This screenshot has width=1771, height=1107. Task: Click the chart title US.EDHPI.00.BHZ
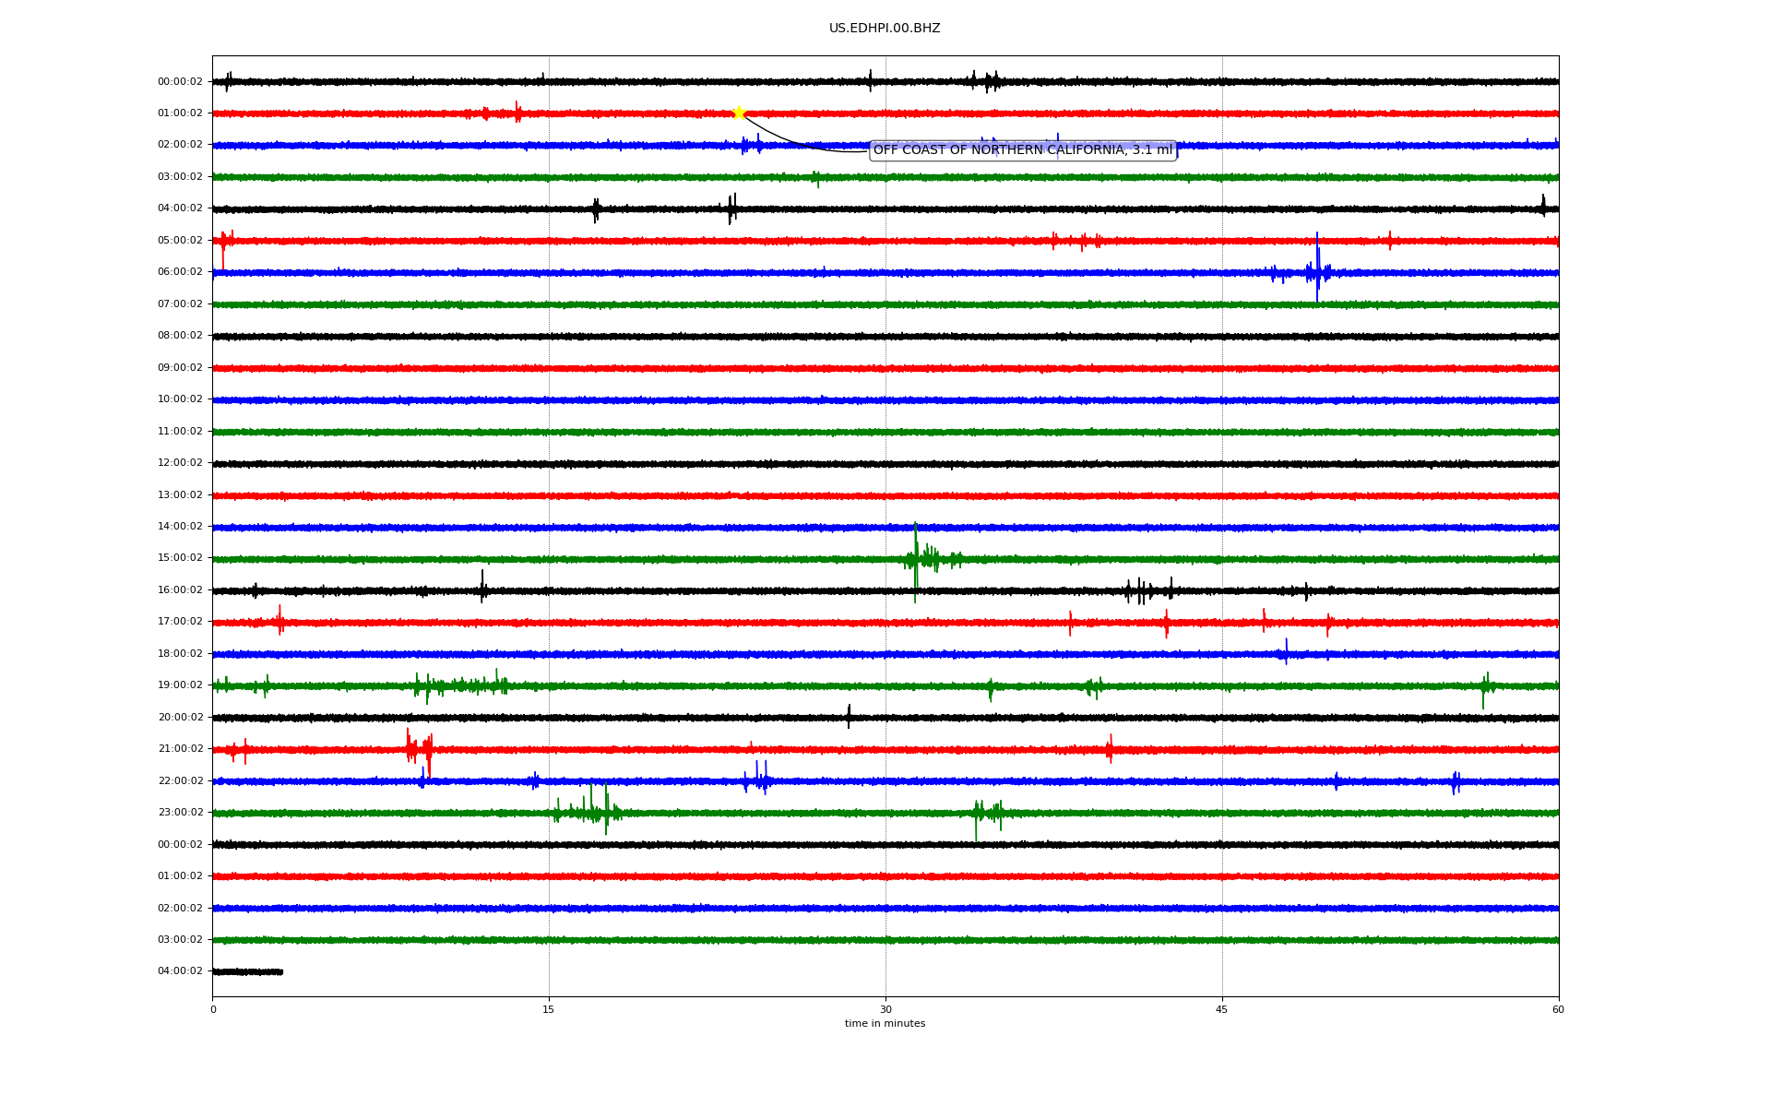885,29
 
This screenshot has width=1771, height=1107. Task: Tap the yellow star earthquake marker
739,113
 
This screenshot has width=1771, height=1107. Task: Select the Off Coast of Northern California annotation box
1023,149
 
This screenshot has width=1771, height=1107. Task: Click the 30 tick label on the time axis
885,1009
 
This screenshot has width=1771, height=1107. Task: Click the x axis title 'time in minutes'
885,1023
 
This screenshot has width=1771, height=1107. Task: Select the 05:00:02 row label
180,241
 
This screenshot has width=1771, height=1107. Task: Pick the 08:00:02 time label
180,336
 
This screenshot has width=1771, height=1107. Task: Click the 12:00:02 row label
180,463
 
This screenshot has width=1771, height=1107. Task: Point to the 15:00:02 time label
180,558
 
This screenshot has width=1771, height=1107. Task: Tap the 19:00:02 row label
180,685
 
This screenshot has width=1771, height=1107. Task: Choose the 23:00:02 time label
180,813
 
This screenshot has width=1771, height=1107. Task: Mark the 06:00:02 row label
180,272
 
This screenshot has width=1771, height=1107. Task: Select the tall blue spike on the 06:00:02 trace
1317,268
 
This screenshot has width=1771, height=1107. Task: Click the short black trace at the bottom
247,971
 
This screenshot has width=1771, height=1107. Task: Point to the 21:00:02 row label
180,749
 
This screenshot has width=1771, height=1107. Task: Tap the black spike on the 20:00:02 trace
849,716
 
